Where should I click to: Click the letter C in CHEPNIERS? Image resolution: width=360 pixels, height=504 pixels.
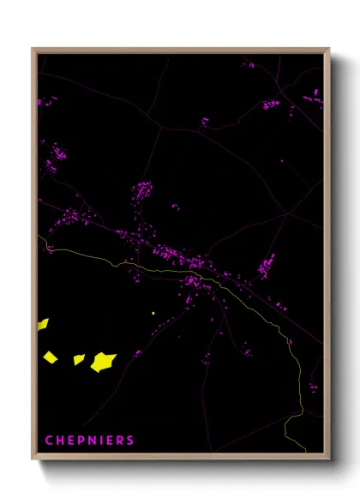(48, 441)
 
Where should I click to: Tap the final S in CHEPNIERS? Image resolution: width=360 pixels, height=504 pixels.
(130, 441)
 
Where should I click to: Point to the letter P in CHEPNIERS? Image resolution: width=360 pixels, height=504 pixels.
(79, 441)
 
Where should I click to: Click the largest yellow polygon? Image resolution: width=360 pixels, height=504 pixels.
(103, 362)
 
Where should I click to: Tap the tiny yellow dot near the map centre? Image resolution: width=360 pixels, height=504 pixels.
(153, 314)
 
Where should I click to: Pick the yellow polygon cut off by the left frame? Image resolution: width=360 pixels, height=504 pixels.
(42, 324)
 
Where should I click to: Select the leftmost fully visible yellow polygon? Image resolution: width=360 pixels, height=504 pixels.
(51, 356)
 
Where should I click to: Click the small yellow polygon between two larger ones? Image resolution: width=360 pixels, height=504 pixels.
(78, 359)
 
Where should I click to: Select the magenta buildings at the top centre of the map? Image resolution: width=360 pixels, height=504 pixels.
(205, 122)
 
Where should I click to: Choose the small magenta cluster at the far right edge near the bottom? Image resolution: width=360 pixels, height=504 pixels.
(313, 387)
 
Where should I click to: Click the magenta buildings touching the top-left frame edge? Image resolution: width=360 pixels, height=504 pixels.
(39, 102)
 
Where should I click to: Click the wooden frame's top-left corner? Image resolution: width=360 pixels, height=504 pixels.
(33, 50)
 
